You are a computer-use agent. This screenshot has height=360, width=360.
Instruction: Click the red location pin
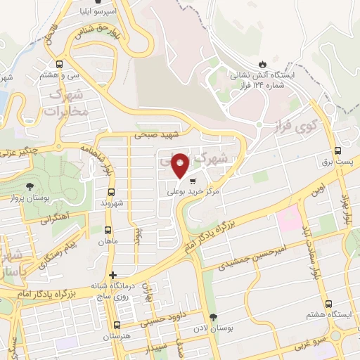coord(181,165)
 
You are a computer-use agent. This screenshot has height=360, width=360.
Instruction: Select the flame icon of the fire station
coord(263,62)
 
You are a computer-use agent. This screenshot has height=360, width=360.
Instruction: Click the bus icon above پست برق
coord(338,150)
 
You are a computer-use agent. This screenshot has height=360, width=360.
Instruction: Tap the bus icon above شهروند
coord(110,191)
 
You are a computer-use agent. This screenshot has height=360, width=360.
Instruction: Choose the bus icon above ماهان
coord(108,230)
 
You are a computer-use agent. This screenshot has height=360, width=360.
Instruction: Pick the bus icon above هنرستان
coord(117,326)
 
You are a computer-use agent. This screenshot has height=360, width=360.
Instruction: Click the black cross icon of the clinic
coord(112,275)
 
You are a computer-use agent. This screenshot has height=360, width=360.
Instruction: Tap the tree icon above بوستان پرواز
coord(30,187)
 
